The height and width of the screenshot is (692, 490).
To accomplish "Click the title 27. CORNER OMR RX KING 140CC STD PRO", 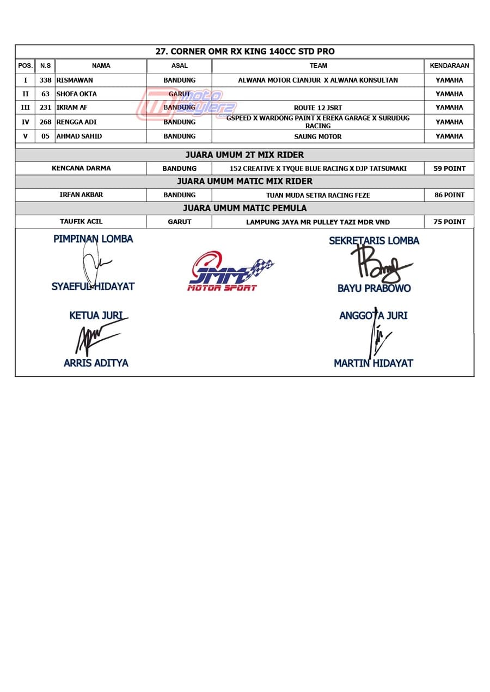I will (245, 52).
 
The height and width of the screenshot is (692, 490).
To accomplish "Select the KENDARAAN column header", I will (449, 66).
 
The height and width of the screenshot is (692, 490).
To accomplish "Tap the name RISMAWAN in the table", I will (75, 80).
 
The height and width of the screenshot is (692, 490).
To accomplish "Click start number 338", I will (45, 80).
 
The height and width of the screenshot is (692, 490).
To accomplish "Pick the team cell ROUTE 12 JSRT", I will (318, 108).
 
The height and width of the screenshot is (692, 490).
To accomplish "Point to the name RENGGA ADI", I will (76, 122).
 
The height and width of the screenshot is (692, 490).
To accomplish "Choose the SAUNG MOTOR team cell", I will (318, 136).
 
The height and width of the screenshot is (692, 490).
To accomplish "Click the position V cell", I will (25, 136).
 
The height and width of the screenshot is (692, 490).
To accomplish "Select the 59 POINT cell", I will (449, 169).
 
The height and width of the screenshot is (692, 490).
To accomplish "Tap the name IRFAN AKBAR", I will (81, 195).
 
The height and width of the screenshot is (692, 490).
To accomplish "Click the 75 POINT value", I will (449, 222).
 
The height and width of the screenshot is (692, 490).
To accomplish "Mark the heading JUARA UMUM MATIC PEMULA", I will (244, 208).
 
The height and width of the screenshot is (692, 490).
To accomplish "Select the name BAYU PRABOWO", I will (374, 288).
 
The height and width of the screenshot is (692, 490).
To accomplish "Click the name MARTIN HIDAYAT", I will (373, 363).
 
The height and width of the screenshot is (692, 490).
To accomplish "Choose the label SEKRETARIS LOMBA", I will (374, 240).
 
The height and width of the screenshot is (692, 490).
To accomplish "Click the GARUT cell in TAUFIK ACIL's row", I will (179, 222).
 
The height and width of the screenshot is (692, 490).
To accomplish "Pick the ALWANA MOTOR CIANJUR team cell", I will (318, 80).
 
